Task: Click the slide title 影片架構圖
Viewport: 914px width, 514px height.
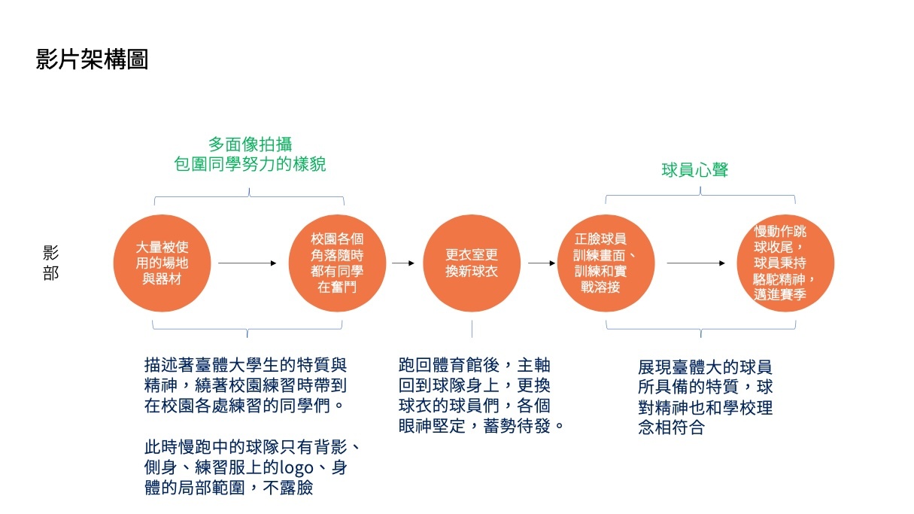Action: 92,59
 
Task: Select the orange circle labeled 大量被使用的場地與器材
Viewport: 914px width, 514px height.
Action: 162,263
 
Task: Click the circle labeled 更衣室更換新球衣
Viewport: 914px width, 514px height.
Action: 471,263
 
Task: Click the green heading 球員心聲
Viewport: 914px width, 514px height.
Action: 694,170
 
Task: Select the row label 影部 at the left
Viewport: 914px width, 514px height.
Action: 50,263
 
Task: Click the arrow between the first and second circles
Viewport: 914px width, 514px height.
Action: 247,263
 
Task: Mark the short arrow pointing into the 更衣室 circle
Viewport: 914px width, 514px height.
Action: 403,263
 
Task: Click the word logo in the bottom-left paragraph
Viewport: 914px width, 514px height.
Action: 302,467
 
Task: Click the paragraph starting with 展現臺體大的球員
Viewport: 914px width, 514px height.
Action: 704,398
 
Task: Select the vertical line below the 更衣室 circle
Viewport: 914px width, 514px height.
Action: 472,328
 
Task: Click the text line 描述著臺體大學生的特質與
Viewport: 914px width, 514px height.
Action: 245,365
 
